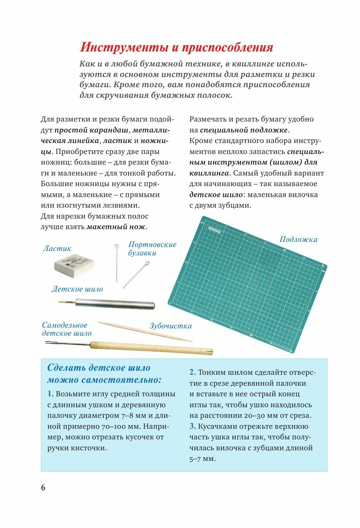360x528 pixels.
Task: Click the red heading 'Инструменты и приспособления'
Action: click(x=177, y=48)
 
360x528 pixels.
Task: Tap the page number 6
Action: click(x=43, y=488)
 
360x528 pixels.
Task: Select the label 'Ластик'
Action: click(x=57, y=248)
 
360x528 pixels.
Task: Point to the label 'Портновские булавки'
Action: click(x=152, y=248)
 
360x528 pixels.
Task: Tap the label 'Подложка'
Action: click(x=298, y=239)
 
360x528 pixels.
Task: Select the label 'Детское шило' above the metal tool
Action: click(x=77, y=289)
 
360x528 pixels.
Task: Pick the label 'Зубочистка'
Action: click(x=170, y=326)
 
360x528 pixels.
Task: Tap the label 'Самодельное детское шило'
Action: click(x=66, y=329)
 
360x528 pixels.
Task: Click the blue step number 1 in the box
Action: click(x=50, y=394)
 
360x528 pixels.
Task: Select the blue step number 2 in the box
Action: click(x=192, y=372)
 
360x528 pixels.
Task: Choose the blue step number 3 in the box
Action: click(x=192, y=426)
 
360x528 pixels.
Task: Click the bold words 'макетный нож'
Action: click(x=116, y=227)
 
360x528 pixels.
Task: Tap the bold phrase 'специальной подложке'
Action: click(x=244, y=130)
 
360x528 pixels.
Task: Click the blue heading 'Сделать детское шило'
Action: click(x=99, y=368)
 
